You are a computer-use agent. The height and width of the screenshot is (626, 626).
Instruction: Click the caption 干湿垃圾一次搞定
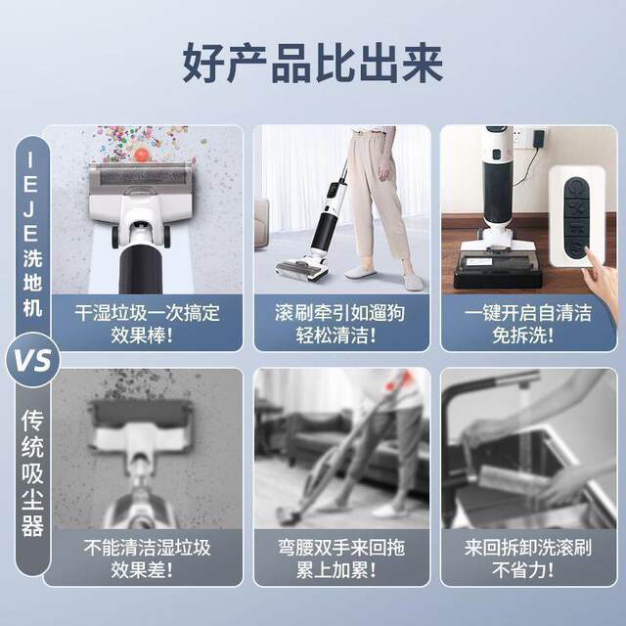coord(148,314)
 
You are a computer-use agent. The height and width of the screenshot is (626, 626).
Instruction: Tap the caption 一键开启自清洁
coord(527,314)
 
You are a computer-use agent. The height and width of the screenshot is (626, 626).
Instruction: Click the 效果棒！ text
coord(148,337)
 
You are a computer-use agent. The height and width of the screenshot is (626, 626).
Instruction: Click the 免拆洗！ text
coord(527,337)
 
